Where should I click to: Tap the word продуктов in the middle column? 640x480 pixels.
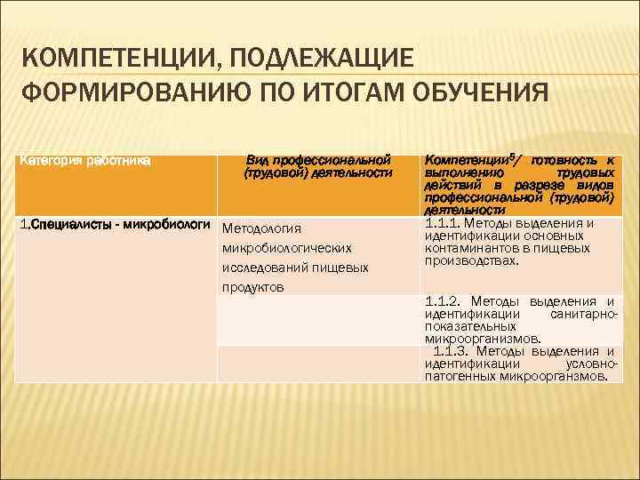click(253, 287)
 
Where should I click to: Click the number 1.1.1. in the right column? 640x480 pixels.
click(444, 223)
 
